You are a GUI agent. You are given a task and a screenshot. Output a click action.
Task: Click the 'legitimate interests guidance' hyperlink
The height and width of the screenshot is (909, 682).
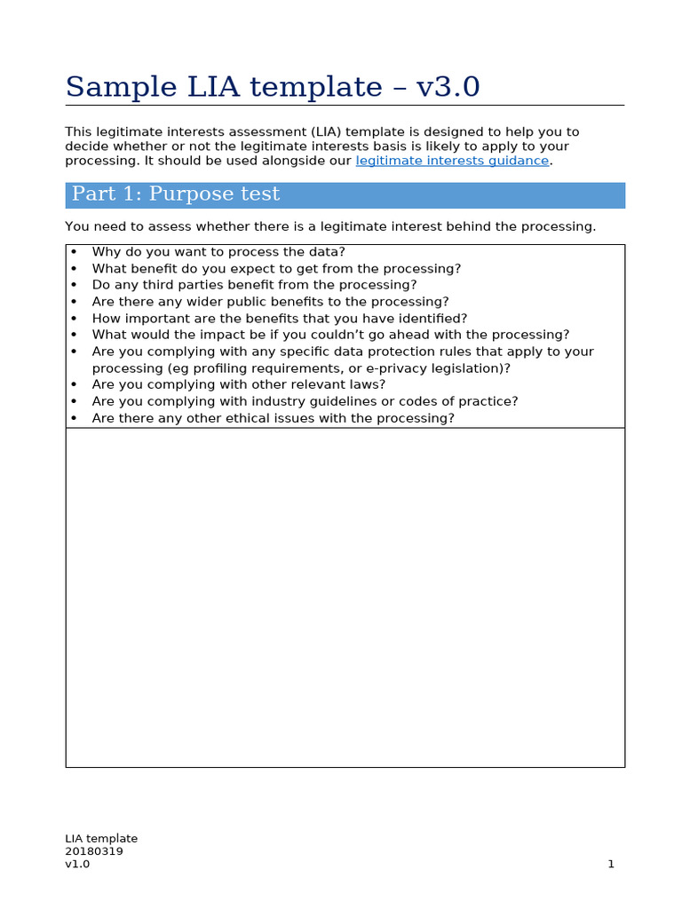tap(453, 161)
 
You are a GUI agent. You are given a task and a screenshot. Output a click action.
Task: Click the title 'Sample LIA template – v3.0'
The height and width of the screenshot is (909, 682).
tap(273, 87)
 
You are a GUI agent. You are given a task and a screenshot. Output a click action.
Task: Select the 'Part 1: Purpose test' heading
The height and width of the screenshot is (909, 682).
tap(176, 194)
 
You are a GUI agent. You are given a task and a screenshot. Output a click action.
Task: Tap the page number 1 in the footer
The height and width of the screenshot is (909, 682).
tap(611, 864)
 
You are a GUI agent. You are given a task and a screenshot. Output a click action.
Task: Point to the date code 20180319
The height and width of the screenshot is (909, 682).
tap(94, 851)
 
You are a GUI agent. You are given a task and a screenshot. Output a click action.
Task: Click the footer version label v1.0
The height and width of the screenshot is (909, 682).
tap(77, 864)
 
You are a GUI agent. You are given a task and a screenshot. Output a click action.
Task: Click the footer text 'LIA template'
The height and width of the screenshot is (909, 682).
tap(101, 838)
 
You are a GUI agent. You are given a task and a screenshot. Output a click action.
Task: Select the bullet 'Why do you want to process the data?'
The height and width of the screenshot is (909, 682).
tap(218, 252)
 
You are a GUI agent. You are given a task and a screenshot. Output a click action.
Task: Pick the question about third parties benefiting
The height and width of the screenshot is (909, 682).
tap(254, 285)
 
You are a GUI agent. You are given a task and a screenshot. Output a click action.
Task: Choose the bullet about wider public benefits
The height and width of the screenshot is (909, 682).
tap(270, 302)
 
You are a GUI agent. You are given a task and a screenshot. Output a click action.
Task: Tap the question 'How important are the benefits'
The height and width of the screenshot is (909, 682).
tap(279, 318)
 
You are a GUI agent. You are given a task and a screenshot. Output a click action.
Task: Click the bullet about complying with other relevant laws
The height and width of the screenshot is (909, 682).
tap(239, 384)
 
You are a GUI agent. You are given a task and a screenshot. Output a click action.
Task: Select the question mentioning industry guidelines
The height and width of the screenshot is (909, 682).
tap(305, 401)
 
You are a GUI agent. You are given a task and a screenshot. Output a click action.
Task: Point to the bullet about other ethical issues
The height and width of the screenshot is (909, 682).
tap(273, 418)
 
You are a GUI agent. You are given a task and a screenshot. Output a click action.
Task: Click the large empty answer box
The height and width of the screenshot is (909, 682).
tap(345, 597)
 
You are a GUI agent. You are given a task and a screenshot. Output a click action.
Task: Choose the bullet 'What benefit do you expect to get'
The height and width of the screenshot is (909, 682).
tap(276, 269)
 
